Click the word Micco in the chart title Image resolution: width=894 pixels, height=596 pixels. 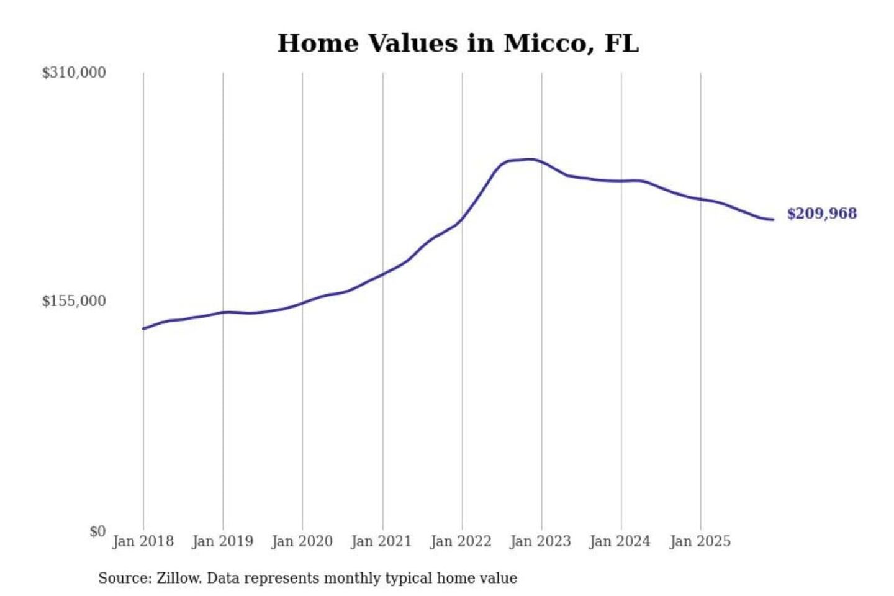(x=544, y=43)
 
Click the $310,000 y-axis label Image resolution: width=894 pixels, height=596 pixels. (x=74, y=73)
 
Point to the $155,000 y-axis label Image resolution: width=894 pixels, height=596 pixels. (x=74, y=301)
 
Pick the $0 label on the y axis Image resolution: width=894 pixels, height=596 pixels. (x=97, y=531)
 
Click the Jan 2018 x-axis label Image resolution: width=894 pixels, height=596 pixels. (x=143, y=541)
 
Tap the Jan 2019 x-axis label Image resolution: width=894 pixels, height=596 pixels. (x=222, y=541)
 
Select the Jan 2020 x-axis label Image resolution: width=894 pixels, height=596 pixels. (x=302, y=541)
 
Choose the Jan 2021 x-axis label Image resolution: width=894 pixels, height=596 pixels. (x=381, y=541)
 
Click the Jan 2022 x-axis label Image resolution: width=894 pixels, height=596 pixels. (x=461, y=541)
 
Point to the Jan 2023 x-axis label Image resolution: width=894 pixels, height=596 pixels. (x=540, y=541)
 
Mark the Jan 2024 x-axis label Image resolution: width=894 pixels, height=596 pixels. (x=620, y=541)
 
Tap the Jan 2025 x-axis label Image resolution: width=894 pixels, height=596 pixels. (x=700, y=541)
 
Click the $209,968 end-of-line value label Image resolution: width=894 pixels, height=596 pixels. (x=821, y=214)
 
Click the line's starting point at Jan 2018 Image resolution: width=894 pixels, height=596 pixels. (x=144, y=328)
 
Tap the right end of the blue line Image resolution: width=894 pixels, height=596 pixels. (x=772, y=219)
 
